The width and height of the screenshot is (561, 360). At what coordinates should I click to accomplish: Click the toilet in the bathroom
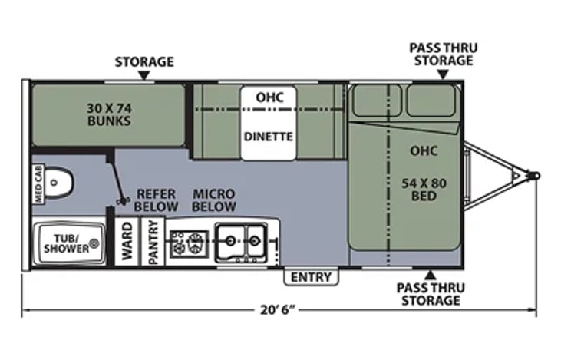pos(59,183)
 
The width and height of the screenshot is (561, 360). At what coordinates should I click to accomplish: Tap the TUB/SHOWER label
pos(67,243)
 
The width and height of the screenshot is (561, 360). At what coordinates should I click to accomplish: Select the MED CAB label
pos(38,184)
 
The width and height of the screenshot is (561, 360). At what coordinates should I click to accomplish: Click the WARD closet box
pos(127,241)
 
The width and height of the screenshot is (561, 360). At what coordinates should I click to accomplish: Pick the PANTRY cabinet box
pos(153,242)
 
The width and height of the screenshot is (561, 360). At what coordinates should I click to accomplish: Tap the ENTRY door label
pos(311,277)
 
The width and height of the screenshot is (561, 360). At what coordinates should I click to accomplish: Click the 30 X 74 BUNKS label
pos(109,114)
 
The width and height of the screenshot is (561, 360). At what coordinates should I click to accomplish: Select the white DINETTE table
pos(269,123)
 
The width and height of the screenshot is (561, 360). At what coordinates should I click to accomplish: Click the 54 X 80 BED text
pos(424,190)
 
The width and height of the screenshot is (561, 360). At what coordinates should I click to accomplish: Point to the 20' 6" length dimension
pos(278,309)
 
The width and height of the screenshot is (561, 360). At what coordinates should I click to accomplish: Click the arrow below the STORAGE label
pos(144,75)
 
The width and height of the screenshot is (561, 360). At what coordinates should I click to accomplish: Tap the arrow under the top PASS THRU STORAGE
pos(444,74)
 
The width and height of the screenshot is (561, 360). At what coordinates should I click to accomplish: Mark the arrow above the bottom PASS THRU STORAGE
pos(431,275)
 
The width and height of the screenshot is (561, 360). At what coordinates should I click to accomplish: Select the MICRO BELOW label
pos(214,200)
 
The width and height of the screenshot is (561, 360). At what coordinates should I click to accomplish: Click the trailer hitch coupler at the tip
pos(534,176)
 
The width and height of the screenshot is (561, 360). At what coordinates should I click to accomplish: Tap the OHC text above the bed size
pos(424,150)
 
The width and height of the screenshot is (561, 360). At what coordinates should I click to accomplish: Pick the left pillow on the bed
pos(376,101)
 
